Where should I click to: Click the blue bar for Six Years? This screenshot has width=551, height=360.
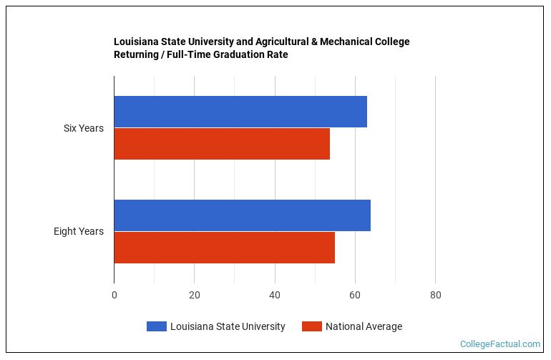(x=240, y=112)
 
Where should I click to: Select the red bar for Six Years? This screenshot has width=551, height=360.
(x=222, y=144)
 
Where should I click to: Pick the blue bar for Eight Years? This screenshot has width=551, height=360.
(x=242, y=215)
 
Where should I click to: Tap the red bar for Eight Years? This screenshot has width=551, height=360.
(x=224, y=248)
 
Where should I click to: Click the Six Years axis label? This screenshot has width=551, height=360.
(x=84, y=128)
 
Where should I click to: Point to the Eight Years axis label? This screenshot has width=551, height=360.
(x=79, y=231)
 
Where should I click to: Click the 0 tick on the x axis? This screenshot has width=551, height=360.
(x=114, y=295)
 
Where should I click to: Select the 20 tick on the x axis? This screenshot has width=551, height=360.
(x=195, y=295)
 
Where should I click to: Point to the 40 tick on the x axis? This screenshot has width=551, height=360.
(x=275, y=295)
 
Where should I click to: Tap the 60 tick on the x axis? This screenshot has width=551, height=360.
(x=355, y=295)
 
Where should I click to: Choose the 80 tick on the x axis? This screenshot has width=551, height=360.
(x=435, y=295)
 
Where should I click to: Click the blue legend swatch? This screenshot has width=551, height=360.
(x=156, y=326)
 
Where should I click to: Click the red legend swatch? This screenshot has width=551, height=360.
(x=311, y=326)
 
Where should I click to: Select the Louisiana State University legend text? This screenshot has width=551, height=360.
(x=228, y=326)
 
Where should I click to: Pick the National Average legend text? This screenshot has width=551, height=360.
(x=364, y=326)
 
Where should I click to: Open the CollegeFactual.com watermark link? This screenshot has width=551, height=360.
(x=500, y=344)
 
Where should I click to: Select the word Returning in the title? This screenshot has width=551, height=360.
(x=137, y=54)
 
